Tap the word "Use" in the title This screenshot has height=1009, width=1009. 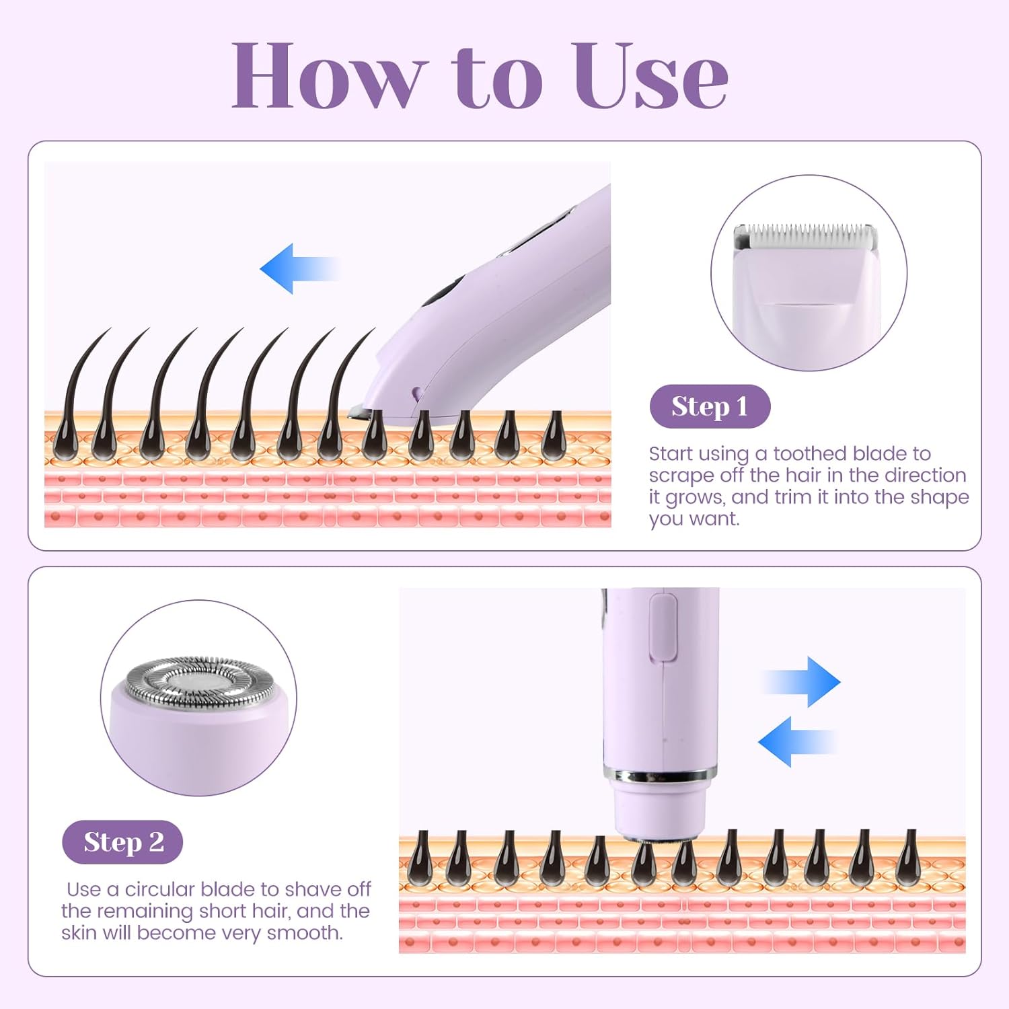click(x=650, y=75)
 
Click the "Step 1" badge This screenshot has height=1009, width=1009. click(x=710, y=406)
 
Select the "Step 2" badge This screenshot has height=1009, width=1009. click(x=122, y=842)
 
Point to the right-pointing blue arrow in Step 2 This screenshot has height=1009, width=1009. click(x=802, y=682)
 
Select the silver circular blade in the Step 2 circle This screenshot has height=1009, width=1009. click(x=200, y=683)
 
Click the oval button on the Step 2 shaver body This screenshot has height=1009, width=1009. click(x=663, y=627)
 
